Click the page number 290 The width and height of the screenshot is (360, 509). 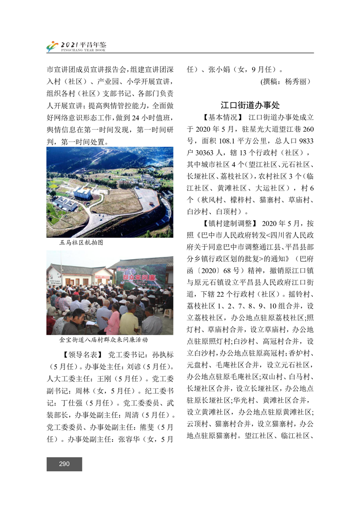click(64, 464)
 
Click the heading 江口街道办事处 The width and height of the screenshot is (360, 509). click(250, 105)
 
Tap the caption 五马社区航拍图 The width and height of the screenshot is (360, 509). click(81, 243)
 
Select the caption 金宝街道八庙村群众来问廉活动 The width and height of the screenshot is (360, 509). click(104, 339)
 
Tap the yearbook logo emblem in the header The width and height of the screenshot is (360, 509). click(53, 46)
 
